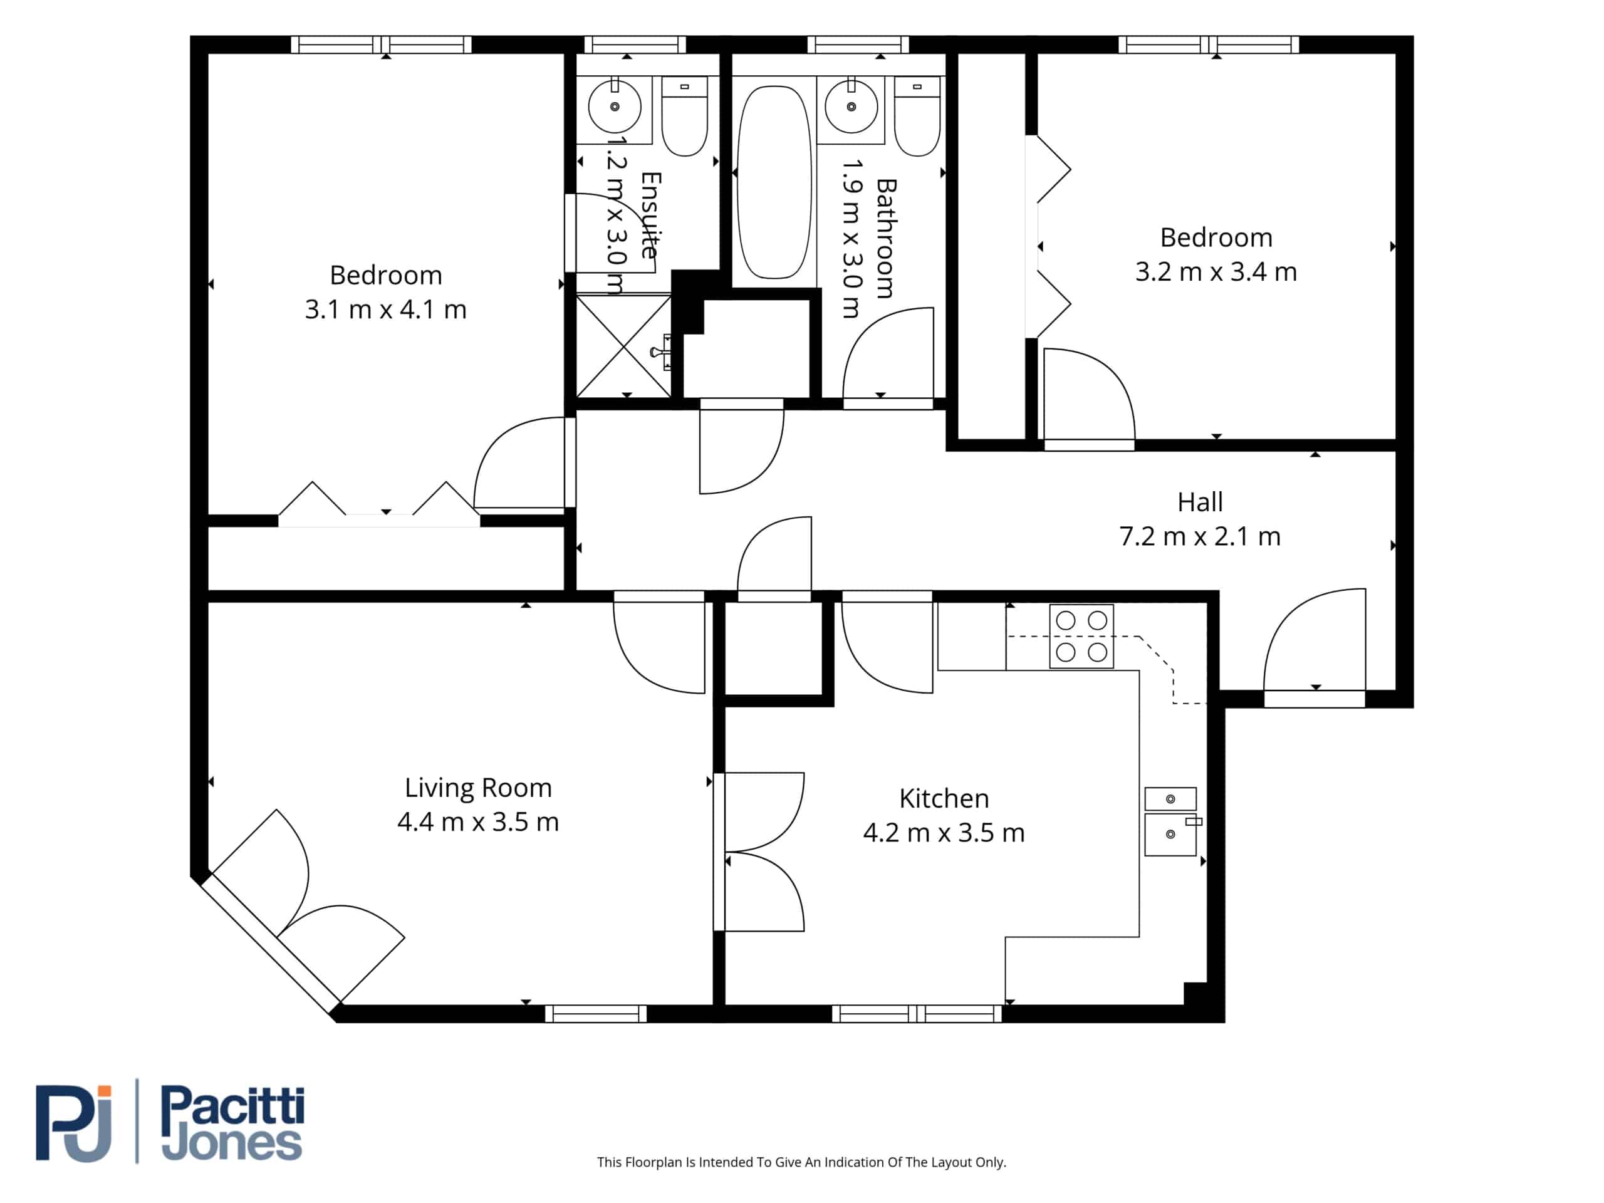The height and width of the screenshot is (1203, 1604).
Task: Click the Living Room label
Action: [478, 788]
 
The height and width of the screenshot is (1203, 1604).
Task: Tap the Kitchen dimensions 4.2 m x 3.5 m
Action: [944, 833]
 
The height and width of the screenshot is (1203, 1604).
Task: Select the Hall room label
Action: [1200, 502]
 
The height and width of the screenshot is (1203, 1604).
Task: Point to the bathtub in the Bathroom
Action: [774, 182]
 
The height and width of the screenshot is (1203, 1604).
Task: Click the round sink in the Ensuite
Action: [614, 107]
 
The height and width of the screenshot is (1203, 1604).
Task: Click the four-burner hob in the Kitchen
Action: [1081, 636]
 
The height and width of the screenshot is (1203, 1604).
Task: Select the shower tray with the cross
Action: [623, 346]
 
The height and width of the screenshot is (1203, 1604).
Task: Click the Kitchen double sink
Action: [1171, 821]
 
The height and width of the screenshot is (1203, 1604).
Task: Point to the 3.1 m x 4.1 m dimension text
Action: [386, 310]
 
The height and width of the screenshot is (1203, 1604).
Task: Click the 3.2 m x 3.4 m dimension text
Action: [1216, 272]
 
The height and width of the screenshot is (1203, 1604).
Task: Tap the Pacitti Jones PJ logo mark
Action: [74, 1123]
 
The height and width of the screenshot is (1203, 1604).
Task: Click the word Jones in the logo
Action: [231, 1143]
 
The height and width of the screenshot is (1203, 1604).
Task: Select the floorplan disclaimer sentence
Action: [801, 1162]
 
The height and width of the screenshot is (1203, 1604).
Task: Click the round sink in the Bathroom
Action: [851, 107]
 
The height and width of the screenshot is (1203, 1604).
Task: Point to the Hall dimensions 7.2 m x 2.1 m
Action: [1200, 536]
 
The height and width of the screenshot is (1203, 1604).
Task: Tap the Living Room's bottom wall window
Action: [595, 1014]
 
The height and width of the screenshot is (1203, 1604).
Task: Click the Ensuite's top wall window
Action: [635, 45]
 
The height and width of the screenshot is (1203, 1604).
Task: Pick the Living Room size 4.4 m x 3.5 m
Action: [478, 822]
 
